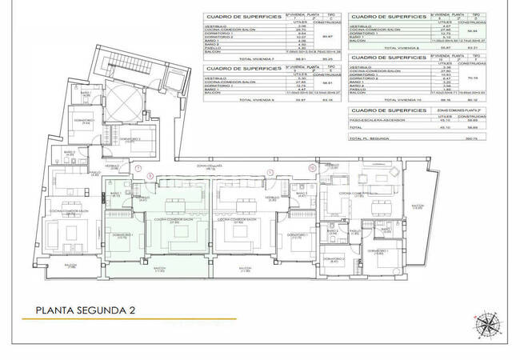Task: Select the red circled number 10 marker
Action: point(312,168)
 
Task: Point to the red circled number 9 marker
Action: point(270,171)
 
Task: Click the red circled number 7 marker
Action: point(138,169)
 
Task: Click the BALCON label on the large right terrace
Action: point(417,206)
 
